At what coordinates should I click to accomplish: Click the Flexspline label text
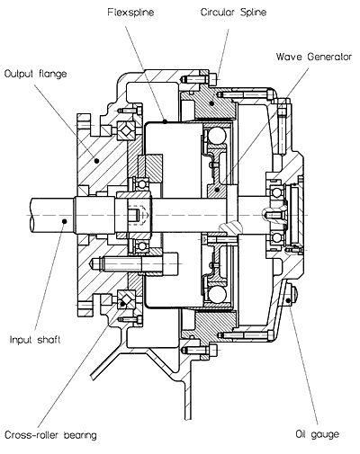(x=130, y=13)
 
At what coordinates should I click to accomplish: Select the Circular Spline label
(x=233, y=13)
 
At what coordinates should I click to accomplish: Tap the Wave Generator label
(x=314, y=57)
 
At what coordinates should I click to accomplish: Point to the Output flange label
(x=36, y=74)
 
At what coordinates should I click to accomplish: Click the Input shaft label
(x=35, y=340)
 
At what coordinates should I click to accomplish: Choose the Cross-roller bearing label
(x=50, y=435)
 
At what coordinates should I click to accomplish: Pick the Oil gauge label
(x=318, y=434)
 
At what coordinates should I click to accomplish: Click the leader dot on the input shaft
(x=64, y=221)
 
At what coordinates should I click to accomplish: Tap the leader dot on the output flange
(x=96, y=161)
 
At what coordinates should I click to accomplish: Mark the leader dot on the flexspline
(x=165, y=121)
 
